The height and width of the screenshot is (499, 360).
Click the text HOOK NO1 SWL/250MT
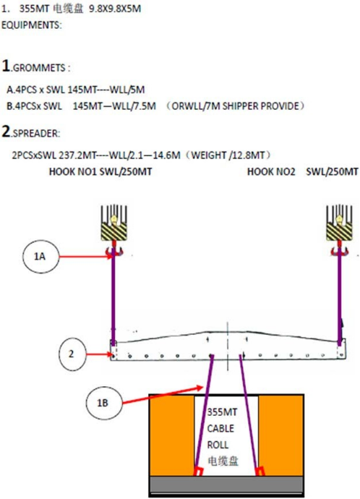[100, 172]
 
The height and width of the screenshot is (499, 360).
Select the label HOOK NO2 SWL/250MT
[302, 172]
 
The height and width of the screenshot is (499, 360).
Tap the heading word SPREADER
[35, 133]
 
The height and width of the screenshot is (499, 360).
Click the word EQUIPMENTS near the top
[30, 25]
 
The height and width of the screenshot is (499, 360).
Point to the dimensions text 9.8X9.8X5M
[115, 9]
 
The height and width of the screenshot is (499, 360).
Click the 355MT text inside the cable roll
[222, 412]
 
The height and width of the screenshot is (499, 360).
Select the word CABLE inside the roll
[220, 429]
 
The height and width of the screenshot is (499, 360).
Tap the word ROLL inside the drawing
[218, 445]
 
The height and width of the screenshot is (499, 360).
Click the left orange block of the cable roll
[172, 435]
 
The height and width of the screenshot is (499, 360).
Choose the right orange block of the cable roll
[280, 435]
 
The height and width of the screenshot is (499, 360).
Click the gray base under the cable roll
[226, 485]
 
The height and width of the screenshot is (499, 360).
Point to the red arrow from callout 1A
[85, 257]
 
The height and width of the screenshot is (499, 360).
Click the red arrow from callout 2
[98, 354]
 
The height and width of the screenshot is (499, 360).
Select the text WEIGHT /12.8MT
[228, 155]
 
